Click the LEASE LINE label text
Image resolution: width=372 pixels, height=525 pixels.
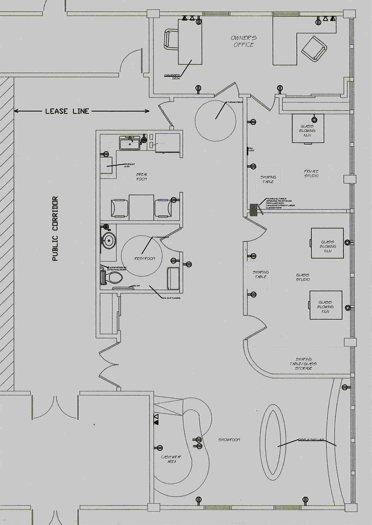click(x=67, y=111)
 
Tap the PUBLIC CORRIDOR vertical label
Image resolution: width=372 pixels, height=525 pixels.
click(x=55, y=229)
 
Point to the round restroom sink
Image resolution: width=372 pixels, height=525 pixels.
click(x=109, y=240)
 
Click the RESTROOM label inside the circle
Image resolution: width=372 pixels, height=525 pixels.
click(x=145, y=258)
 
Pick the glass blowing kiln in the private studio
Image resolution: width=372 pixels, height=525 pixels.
click(x=307, y=128)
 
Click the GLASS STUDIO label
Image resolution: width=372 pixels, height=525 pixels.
click(x=302, y=278)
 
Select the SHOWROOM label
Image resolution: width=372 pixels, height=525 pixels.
click(x=229, y=440)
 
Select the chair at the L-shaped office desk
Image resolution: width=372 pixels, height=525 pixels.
click(x=313, y=48)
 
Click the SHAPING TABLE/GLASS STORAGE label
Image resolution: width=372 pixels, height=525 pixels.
click(x=303, y=363)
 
